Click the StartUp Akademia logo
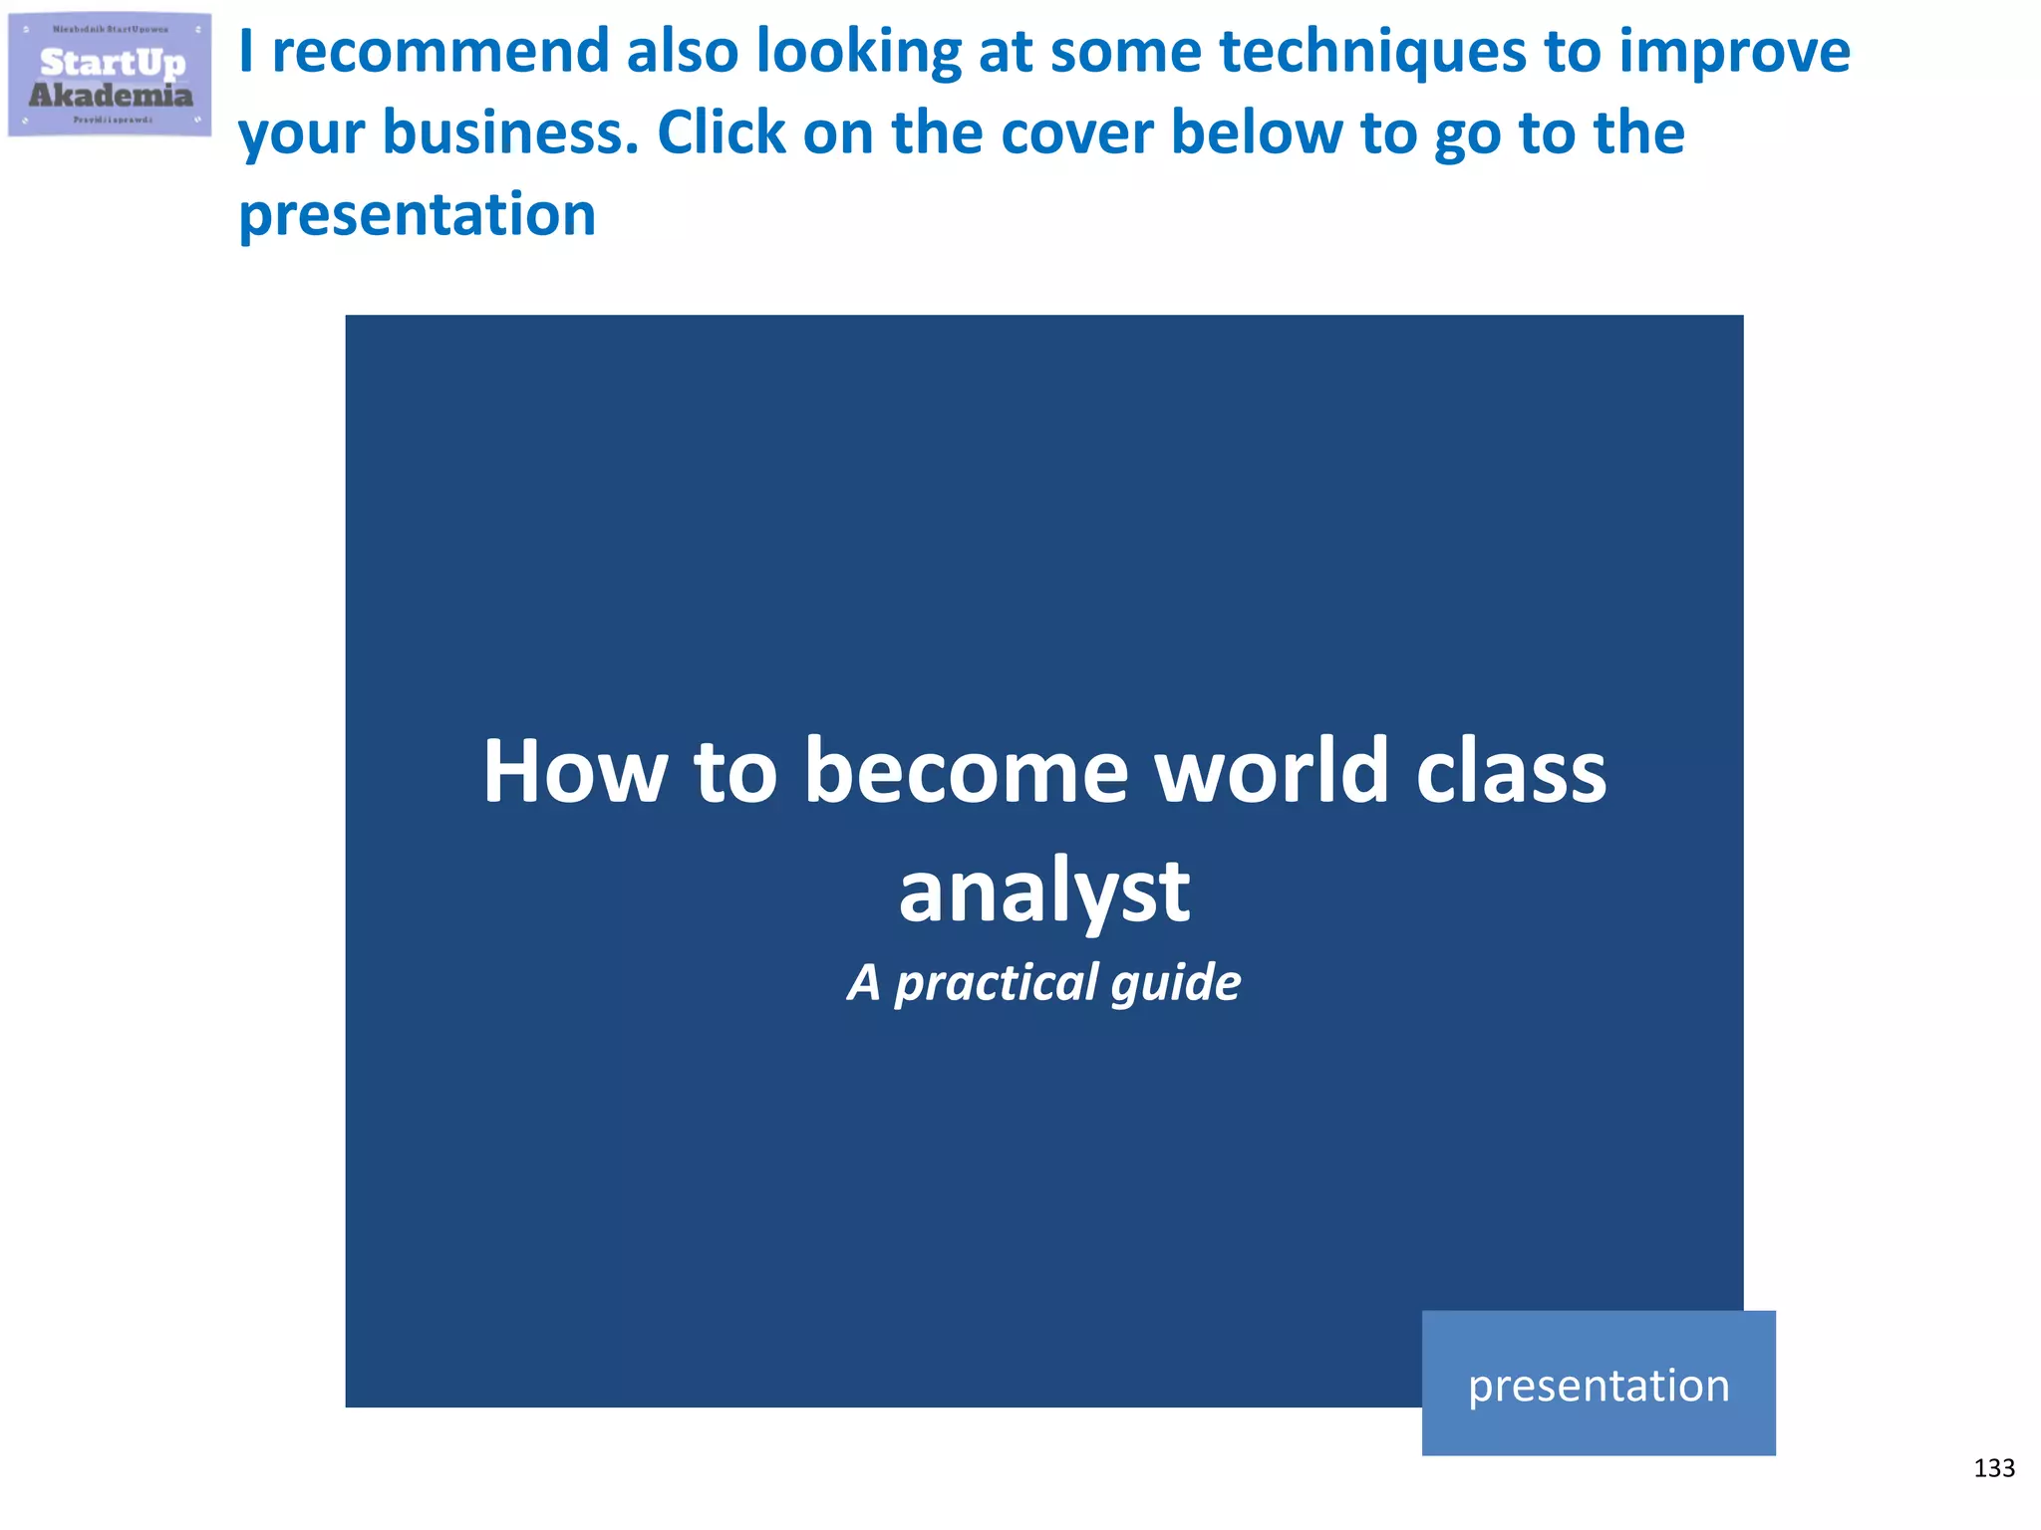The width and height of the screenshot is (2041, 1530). (110, 74)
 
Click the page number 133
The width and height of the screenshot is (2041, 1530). (1993, 1468)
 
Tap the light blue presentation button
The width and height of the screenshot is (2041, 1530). (1598, 1384)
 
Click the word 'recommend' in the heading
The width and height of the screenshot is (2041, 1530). (439, 52)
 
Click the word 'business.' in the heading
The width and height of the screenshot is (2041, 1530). (510, 133)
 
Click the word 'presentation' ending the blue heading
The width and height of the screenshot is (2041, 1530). (417, 215)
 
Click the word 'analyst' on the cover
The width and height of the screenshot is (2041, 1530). (1043, 892)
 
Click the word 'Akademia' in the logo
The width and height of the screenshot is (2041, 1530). (111, 96)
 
